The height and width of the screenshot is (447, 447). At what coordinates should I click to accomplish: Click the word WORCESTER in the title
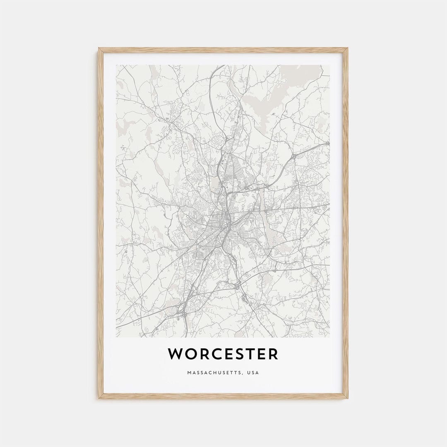click(x=223, y=354)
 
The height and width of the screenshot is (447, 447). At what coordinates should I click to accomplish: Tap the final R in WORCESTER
click(x=273, y=354)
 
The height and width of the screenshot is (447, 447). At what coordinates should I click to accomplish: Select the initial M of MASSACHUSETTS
click(x=189, y=373)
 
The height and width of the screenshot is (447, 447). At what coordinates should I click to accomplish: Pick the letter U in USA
click(x=248, y=373)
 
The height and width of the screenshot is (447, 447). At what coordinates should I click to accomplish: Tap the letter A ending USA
click(x=257, y=373)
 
